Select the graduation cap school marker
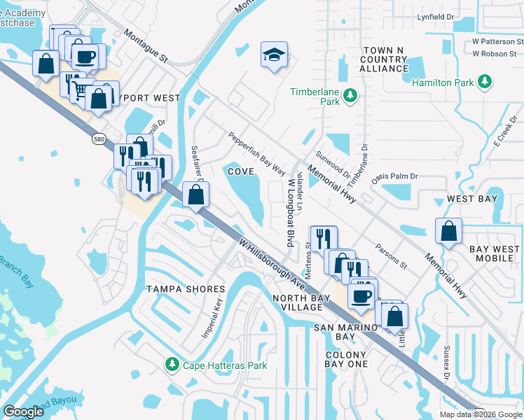pos(273,55)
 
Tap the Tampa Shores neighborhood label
pos(185,289)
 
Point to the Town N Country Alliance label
pos(385,59)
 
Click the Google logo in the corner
pos(24,412)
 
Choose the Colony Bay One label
pos(346,359)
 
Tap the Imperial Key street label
pos(212,318)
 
